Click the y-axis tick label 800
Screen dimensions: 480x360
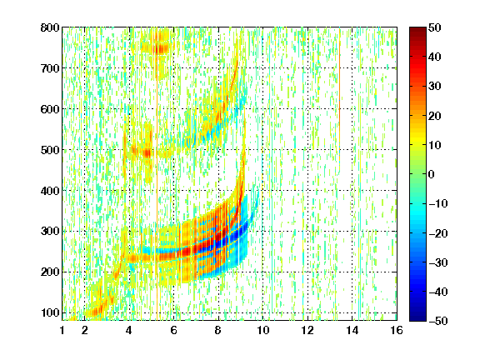coord(50,27)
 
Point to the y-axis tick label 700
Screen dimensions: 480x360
coord(50,68)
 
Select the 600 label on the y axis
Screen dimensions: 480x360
coord(50,109)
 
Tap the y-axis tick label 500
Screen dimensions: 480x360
coord(50,150)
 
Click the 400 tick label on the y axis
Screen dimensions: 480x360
coord(50,191)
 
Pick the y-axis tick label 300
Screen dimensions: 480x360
coord(50,231)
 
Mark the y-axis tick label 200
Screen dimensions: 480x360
coord(50,272)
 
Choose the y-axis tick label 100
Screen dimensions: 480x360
coord(50,312)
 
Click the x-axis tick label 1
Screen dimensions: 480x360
coord(62,330)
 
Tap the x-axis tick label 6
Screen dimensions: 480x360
coord(173,330)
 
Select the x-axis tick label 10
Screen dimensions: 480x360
coord(262,330)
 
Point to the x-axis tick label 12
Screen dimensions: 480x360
coord(307,330)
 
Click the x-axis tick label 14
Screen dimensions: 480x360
coord(352,330)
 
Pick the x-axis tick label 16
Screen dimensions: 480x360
coord(397,330)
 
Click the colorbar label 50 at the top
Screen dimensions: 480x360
coord(434,27)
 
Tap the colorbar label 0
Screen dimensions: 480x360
coord(432,174)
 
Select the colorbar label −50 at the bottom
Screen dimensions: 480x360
coord(437,321)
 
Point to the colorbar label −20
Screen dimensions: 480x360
coord(437,233)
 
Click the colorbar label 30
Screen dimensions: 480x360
coord(434,87)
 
